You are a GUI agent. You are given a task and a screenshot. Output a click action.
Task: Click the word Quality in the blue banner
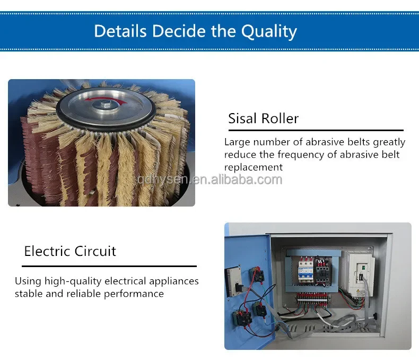(269, 31)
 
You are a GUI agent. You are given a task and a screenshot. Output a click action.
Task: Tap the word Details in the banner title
(120, 31)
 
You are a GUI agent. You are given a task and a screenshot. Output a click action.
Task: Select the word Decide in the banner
(179, 31)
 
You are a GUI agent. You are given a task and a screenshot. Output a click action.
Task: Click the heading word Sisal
(242, 118)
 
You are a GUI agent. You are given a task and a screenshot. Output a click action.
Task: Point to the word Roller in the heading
(280, 118)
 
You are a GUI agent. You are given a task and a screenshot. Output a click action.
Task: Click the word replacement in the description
(254, 167)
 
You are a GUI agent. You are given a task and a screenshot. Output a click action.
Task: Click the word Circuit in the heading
(95, 251)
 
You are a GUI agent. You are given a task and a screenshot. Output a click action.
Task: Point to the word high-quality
(73, 281)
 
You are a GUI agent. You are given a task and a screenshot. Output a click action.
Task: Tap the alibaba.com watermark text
(210, 179)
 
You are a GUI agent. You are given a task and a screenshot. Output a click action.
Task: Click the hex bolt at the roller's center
(107, 104)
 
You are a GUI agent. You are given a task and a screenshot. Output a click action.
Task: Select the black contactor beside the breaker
(323, 271)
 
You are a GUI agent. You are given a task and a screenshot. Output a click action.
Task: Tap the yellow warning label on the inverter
(361, 293)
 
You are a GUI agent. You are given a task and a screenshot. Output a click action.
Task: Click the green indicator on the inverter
(363, 267)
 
